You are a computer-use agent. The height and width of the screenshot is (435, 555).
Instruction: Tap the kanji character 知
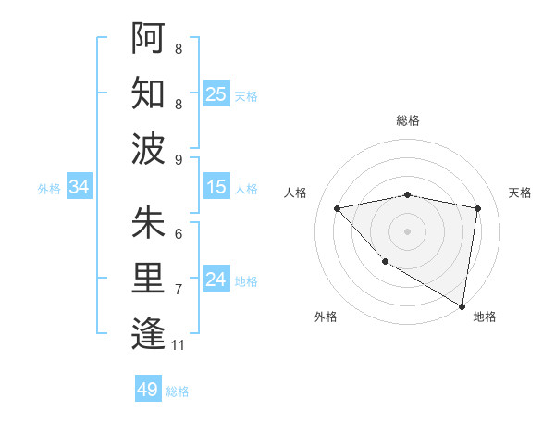[x=148, y=92]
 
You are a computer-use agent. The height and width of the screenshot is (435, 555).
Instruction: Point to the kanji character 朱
[x=148, y=223]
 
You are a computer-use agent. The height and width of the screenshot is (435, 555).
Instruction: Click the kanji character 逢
[x=148, y=332]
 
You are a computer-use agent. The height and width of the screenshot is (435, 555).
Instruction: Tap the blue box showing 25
[x=216, y=93]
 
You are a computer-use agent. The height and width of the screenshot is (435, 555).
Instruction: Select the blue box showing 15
[x=216, y=187]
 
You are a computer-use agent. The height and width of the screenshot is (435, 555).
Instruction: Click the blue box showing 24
[x=216, y=280]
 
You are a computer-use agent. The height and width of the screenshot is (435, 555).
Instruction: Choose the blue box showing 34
[x=80, y=187]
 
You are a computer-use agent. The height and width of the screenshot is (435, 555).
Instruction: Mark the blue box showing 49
[x=148, y=390]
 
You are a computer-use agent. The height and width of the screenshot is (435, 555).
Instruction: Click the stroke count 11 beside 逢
[x=179, y=345]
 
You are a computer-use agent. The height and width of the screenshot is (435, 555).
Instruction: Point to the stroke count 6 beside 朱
[x=179, y=234]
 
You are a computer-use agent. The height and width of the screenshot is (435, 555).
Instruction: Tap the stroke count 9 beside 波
[x=179, y=159]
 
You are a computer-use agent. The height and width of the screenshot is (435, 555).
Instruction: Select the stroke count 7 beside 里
[x=179, y=290]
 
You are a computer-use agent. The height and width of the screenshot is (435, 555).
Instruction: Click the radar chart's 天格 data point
[x=478, y=208]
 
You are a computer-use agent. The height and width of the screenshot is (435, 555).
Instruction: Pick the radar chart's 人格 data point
[x=338, y=208]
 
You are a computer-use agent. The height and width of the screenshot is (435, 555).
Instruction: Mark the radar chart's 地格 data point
[x=461, y=306]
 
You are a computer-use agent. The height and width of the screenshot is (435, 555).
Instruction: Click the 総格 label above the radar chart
[x=408, y=120]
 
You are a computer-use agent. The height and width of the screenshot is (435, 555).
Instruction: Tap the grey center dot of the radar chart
[x=408, y=230]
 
